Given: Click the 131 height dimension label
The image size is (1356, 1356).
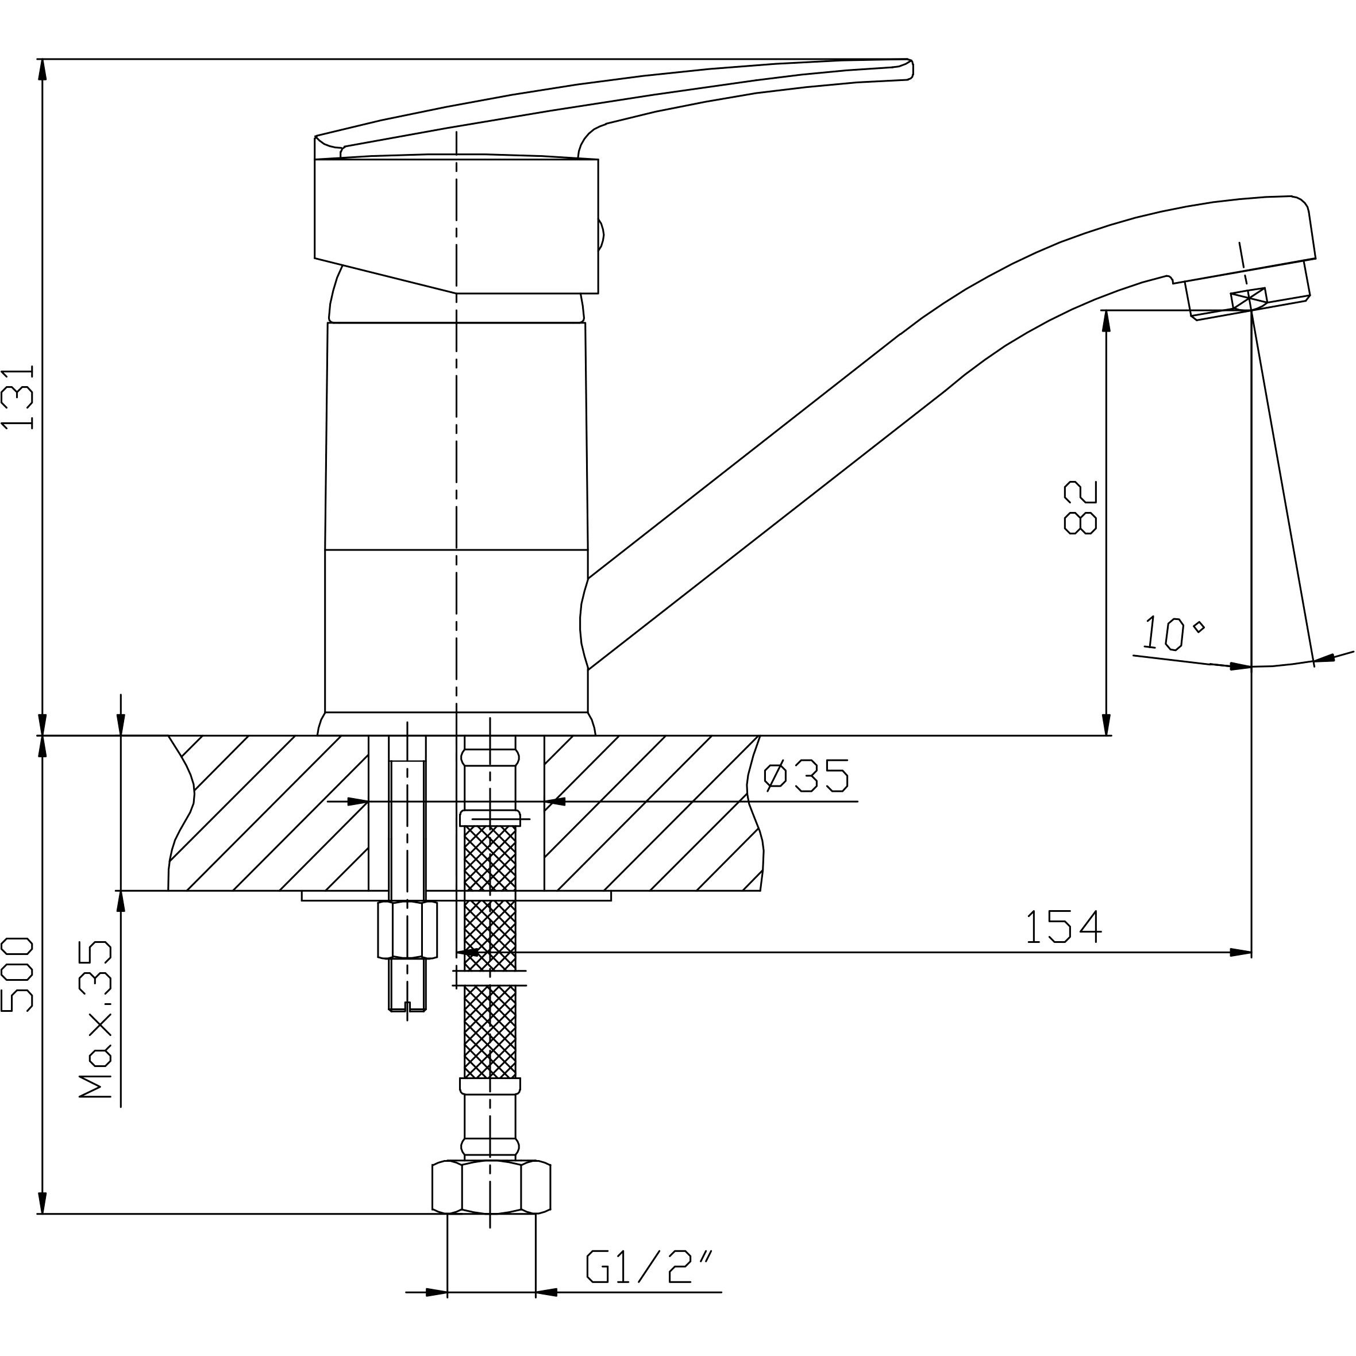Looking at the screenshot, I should pos(19,396).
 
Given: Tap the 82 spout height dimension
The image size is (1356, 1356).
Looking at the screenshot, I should pos(1080,507).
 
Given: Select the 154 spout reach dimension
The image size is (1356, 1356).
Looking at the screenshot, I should pos(1064,926).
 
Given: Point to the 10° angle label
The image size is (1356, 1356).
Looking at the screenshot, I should pos(1172,633).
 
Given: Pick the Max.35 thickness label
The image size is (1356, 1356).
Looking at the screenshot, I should pos(95,1018).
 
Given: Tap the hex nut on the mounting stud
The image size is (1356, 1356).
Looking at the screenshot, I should pos(407,930).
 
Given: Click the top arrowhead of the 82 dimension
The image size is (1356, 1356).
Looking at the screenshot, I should pos(1107,321).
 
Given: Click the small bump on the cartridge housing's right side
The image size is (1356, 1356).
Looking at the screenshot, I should pos(601,234).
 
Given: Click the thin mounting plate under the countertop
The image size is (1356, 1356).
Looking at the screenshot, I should pos(456,896).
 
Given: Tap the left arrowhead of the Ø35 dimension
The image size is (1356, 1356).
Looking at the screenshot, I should pos(358,801).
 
